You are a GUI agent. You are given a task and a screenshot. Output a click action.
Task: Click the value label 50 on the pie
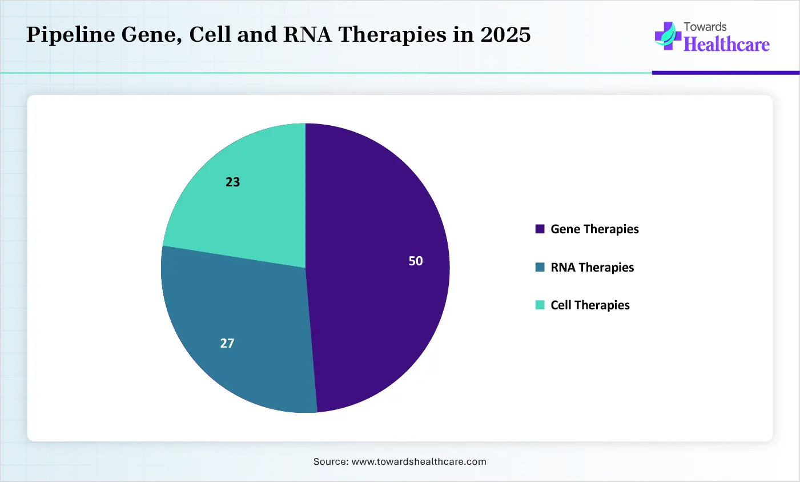point(416,261)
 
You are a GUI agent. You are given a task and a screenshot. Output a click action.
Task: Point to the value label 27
point(227,343)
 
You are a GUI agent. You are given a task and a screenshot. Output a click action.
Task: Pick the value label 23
point(232,182)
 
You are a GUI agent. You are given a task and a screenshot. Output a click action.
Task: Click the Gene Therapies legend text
point(594,229)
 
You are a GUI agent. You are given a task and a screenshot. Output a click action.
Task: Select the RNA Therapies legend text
point(592,268)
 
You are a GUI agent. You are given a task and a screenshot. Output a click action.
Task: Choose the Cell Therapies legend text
point(590,305)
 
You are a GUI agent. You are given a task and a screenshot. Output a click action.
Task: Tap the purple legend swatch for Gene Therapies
point(540,229)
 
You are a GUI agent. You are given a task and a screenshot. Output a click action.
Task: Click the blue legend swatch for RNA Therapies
point(540,268)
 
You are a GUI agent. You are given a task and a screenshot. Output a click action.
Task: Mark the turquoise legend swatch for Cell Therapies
point(540,305)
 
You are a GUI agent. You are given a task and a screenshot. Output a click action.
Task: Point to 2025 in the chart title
point(505,35)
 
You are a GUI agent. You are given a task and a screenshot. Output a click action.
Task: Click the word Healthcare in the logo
point(726,45)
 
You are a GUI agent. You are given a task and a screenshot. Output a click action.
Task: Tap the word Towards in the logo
point(705,27)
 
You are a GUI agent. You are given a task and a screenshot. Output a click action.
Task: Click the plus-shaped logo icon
point(667,36)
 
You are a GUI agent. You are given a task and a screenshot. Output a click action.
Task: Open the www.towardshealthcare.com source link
point(419,461)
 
